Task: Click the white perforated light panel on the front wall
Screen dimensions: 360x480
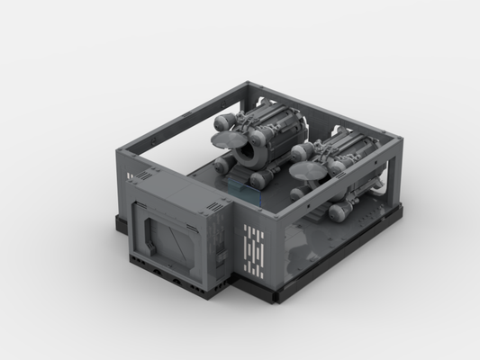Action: point(254,242)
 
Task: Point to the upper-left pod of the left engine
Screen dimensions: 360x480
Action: point(225,119)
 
